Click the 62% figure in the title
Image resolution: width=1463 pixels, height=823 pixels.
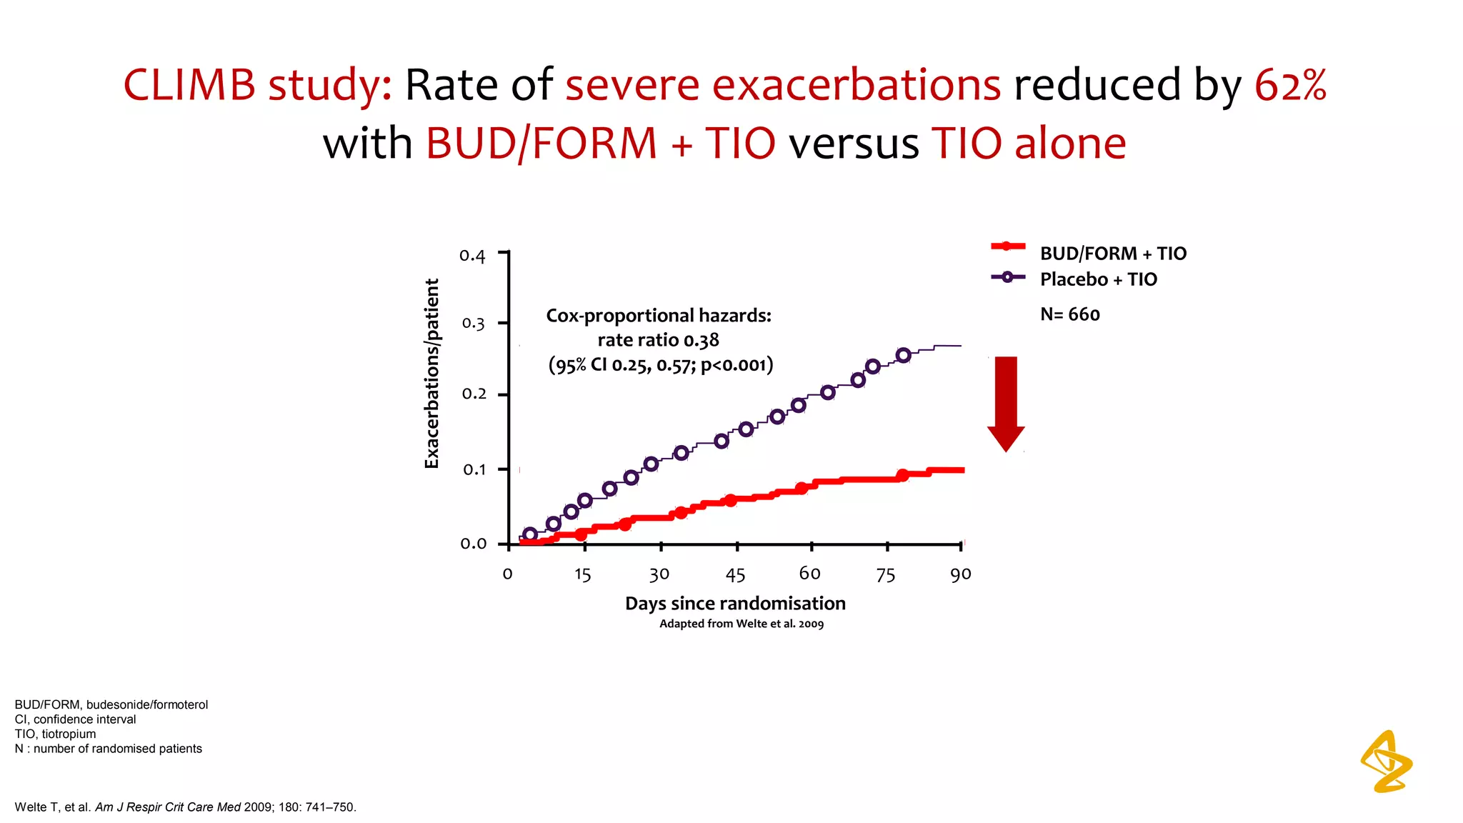coord(1290,85)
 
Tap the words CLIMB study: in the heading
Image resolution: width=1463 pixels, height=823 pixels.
coord(257,85)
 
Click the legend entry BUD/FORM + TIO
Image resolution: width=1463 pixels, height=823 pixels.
coord(1112,254)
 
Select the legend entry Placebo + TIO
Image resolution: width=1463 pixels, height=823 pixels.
coord(1098,279)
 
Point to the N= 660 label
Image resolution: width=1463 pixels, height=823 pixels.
coord(1069,314)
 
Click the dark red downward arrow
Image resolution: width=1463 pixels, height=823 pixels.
coord(1006,403)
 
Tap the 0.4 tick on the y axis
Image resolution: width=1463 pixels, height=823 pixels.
coord(472,255)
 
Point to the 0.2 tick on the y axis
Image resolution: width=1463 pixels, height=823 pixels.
coord(474,394)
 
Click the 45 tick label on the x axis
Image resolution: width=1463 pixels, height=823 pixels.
coord(735,575)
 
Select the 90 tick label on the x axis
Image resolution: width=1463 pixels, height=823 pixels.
coord(960,574)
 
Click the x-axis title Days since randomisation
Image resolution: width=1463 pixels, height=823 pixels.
coord(735,604)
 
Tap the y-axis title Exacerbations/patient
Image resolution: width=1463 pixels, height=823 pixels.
coord(431,373)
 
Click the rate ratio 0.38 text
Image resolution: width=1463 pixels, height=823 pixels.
coord(658,340)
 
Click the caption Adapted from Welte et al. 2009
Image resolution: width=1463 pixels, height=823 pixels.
coord(741,624)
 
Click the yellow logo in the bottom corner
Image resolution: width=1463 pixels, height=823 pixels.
coord(1386,762)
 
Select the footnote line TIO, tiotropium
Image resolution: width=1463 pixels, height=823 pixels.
coord(55,734)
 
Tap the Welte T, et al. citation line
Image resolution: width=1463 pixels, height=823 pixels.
coord(185,807)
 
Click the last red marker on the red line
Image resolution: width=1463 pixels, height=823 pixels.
coord(902,476)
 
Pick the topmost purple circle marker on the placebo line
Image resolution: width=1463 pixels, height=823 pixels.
coord(903,355)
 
